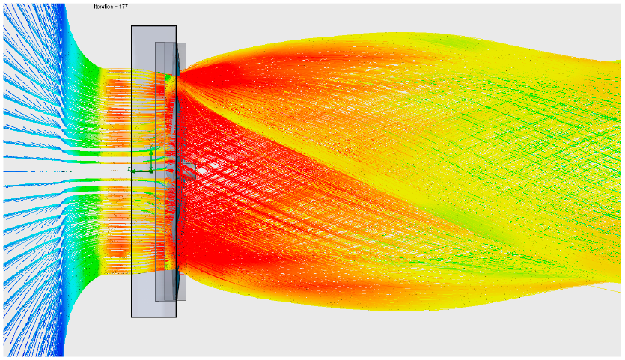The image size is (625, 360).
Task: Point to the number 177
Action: tap(124, 7)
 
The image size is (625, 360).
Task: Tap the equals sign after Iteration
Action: tap(118, 7)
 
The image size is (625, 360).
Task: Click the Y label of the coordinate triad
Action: tap(150, 147)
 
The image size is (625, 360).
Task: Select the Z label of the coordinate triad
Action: tap(129, 169)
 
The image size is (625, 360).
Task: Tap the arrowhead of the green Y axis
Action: tap(151, 153)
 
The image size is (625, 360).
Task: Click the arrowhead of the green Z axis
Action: tap(134, 171)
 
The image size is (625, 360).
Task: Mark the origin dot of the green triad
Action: tap(151, 171)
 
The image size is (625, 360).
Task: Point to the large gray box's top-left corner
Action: tap(132, 26)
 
